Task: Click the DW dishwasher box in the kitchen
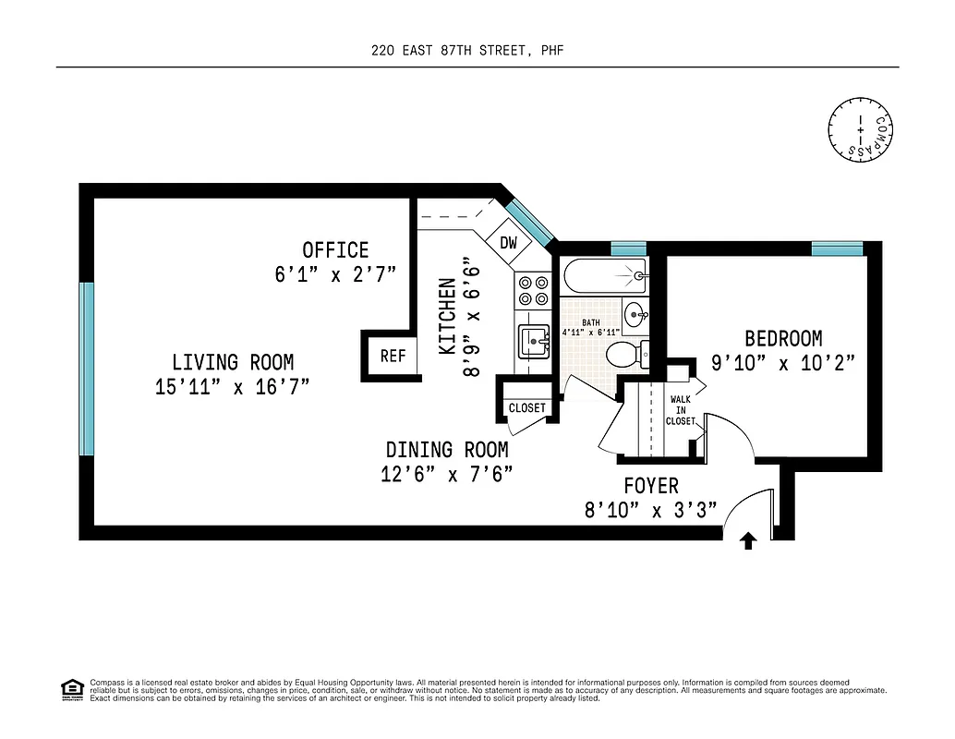tap(508, 243)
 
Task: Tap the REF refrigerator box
tap(393, 356)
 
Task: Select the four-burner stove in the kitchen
tap(533, 291)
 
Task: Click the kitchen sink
tap(534, 341)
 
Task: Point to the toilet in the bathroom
tap(623, 354)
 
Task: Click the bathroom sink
tap(636, 315)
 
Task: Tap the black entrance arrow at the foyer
tap(748, 541)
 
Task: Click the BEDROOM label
tap(783, 339)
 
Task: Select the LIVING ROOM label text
tap(232, 362)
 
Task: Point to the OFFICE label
tap(335, 250)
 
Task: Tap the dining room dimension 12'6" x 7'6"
tap(447, 475)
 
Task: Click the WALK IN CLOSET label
tap(680, 410)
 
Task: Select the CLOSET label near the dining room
tap(526, 407)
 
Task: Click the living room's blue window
tap(87, 369)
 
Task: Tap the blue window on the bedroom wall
tap(837, 248)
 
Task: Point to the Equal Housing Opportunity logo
tap(71, 689)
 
